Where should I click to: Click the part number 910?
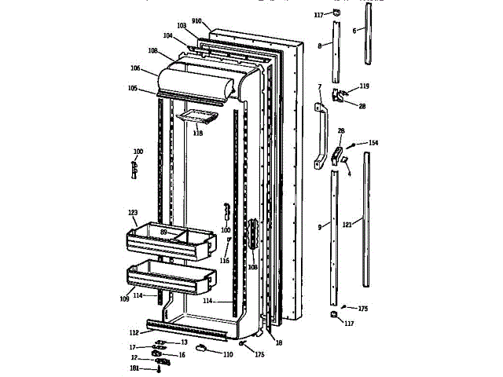(196, 21)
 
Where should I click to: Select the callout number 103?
(182, 26)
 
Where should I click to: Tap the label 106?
(137, 68)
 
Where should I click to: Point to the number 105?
(134, 89)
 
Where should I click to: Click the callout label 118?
(197, 134)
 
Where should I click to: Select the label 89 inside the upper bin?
(164, 232)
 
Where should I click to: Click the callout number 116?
(225, 260)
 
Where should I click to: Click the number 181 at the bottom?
(134, 368)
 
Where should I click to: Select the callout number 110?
(227, 355)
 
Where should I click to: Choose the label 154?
(373, 143)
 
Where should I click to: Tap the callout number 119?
(364, 86)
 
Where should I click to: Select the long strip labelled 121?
(367, 220)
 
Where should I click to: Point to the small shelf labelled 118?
(196, 118)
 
